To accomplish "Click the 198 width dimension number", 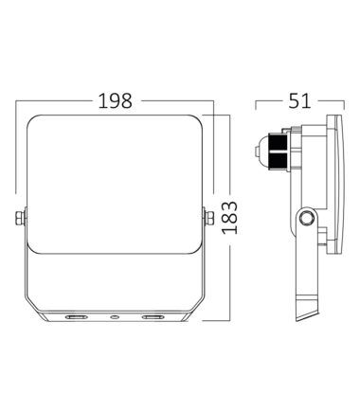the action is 115,100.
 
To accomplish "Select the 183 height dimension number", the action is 229,218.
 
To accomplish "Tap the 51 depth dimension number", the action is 299,100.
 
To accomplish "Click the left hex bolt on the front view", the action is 20,218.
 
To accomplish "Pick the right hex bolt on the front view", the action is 208,218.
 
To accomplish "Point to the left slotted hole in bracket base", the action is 76,316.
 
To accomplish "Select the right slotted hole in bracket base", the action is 153,316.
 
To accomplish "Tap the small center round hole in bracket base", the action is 115,316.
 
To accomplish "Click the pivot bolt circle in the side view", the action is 306,218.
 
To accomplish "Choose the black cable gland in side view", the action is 279,151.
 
